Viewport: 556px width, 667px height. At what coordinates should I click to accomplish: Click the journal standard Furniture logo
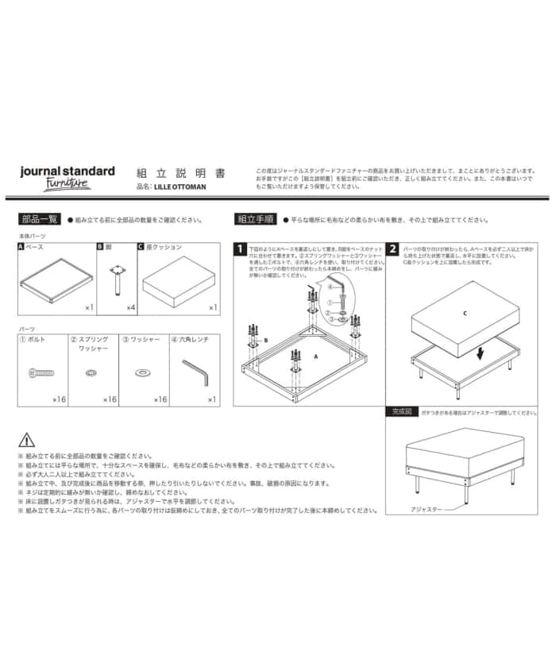[68, 176]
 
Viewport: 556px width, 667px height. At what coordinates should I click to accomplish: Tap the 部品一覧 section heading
[39, 219]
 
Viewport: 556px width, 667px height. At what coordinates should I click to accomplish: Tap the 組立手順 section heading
[255, 219]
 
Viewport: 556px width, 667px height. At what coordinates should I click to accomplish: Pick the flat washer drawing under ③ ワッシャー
[143, 372]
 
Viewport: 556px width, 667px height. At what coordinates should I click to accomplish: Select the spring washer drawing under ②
[91, 372]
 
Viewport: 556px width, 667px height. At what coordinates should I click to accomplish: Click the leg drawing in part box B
[116, 278]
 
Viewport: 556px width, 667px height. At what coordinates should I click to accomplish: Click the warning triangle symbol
[26, 439]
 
